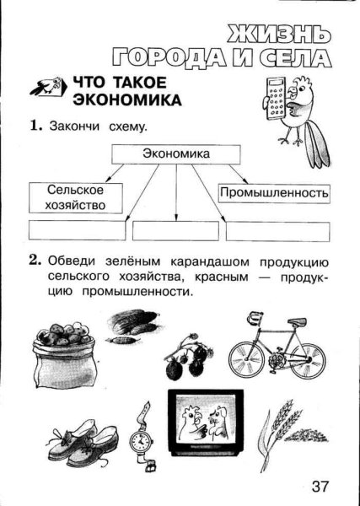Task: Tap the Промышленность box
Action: tap(273, 193)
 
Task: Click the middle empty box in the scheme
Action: tap(175, 230)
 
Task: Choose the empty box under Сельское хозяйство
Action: tap(77, 230)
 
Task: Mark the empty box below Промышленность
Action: tap(276, 230)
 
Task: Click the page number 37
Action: tap(320, 487)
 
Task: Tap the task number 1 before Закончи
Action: tap(35, 126)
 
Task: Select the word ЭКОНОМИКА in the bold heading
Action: tap(126, 100)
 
